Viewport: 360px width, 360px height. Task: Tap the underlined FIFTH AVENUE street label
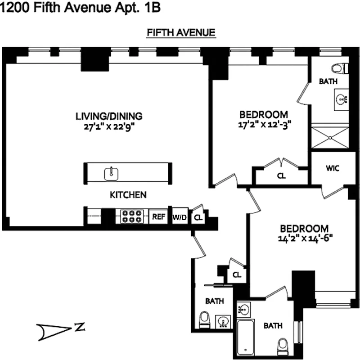[181, 33]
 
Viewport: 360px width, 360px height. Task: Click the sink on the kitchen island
[111, 172]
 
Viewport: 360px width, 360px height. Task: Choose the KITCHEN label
[128, 195]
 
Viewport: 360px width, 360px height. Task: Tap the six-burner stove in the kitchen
[132, 216]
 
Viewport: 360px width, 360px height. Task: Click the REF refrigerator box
[158, 216]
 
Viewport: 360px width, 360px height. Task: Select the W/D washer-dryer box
[180, 217]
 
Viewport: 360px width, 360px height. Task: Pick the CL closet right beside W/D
[198, 217]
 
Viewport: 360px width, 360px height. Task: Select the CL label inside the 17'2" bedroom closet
[281, 176]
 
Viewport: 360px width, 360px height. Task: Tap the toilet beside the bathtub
[283, 346]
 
